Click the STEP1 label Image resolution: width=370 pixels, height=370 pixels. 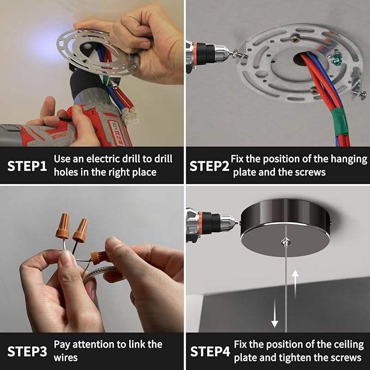[x=27, y=166]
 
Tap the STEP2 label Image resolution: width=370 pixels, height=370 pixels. [x=209, y=166]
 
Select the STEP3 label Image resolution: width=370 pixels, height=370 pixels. [x=27, y=351]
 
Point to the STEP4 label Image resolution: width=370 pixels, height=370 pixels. [x=210, y=351]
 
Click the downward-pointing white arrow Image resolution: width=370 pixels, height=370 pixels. [x=275, y=313]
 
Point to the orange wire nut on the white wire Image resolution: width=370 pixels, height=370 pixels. [x=63, y=226]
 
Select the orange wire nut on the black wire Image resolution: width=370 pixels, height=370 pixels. [x=81, y=231]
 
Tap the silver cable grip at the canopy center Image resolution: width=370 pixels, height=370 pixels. [x=286, y=242]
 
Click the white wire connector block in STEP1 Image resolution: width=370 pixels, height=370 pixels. [x=130, y=116]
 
